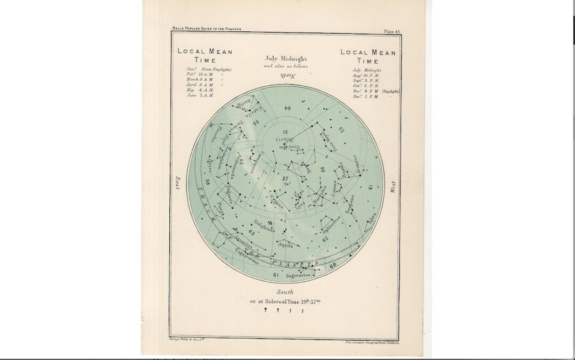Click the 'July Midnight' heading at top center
pos(285,59)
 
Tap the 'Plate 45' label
pos(392,32)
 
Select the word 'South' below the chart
pos(285,292)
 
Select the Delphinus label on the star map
pos(265,225)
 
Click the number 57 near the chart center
pos(285,179)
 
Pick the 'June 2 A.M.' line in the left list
pos(200,95)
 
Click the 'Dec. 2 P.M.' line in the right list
pos(365,97)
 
